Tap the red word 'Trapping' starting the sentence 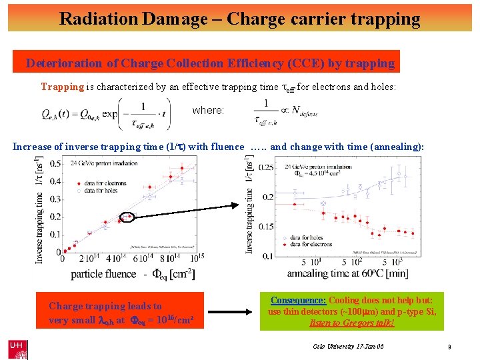tap(63, 87)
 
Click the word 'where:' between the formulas tap(208, 110)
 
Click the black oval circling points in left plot tap(127, 216)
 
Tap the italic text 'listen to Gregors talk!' tap(351, 323)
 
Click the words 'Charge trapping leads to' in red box tap(105, 306)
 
